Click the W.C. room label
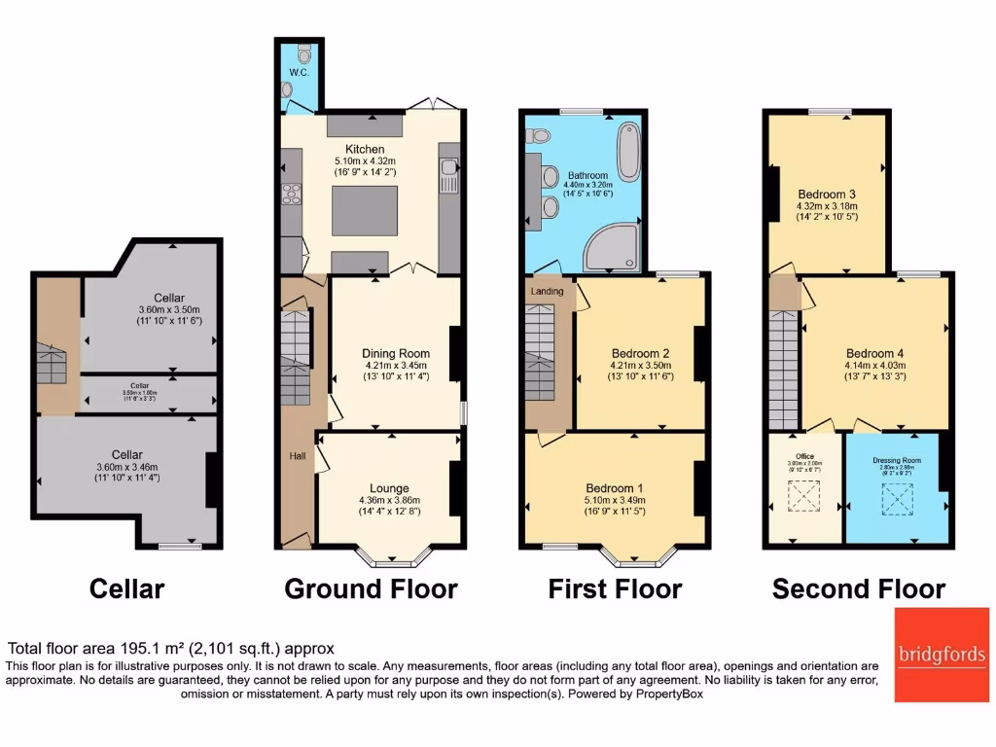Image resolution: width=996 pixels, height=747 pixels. (298, 73)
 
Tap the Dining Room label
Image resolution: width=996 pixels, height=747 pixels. (395, 353)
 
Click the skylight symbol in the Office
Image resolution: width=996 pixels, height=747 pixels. (803, 497)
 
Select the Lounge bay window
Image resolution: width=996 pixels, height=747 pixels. (394, 558)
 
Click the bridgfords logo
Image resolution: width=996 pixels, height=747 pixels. (942, 655)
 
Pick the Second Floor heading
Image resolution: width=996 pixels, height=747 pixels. (858, 588)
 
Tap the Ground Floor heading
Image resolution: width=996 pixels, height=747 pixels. (371, 588)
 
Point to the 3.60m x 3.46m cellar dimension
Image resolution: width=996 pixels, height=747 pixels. (127, 467)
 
